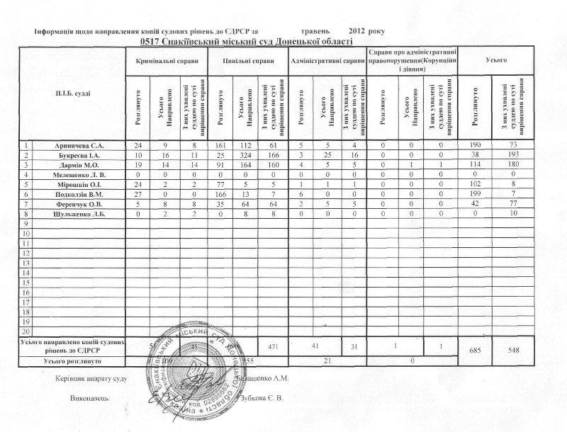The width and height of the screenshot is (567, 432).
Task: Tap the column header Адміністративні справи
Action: [327, 62]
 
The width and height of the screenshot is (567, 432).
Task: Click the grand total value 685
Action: [476, 349]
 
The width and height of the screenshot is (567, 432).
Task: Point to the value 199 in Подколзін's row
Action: [476, 193]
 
